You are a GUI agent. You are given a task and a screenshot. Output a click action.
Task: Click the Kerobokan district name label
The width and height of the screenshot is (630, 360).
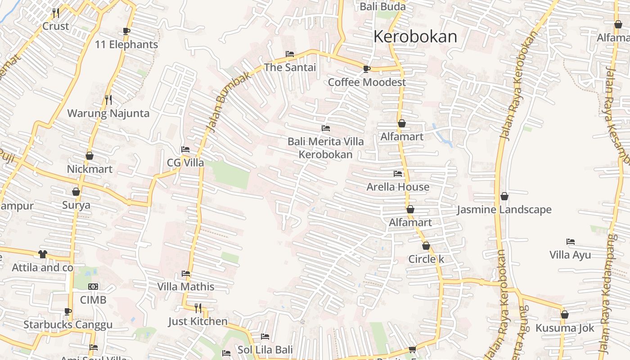point(415,36)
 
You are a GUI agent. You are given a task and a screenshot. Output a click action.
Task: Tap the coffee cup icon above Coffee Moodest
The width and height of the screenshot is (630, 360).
point(367,69)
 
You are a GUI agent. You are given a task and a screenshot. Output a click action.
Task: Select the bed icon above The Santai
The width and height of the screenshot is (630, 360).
point(290,54)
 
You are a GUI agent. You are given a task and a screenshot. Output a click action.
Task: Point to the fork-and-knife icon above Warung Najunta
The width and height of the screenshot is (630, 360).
point(108,99)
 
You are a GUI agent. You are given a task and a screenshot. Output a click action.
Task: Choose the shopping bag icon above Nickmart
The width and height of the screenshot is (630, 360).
point(90,156)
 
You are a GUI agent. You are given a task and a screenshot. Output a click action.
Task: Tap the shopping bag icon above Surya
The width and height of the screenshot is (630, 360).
point(76,192)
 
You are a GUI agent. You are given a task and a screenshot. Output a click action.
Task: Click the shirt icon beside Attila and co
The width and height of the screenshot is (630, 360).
point(42,254)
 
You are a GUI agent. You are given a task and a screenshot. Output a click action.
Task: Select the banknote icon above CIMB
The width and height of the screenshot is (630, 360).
point(93,287)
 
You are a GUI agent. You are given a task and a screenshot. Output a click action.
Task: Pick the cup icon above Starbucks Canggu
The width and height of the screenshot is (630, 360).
point(67,311)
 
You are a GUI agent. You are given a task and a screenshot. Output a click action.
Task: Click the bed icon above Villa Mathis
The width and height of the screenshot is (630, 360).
point(185,273)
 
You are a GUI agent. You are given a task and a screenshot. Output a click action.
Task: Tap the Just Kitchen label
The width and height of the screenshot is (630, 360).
point(198,321)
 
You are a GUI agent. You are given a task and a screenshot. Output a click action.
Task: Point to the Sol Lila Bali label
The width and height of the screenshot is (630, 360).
point(265,350)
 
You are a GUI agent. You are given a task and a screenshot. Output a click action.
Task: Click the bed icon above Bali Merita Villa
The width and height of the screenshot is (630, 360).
point(326,128)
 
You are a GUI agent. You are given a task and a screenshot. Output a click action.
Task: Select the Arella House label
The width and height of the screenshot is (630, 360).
point(398,187)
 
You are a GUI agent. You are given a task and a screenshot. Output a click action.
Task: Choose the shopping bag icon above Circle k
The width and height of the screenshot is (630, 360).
point(426,246)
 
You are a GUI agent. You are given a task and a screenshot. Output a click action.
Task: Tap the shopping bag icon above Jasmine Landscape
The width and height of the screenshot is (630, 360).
point(504,196)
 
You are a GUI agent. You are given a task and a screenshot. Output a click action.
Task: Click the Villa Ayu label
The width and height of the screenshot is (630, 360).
point(570,255)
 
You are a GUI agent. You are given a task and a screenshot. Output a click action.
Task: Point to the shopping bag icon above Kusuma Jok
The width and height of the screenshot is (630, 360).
point(564,315)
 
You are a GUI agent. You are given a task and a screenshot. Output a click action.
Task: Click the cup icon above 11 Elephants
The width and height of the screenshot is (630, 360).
point(126,31)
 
